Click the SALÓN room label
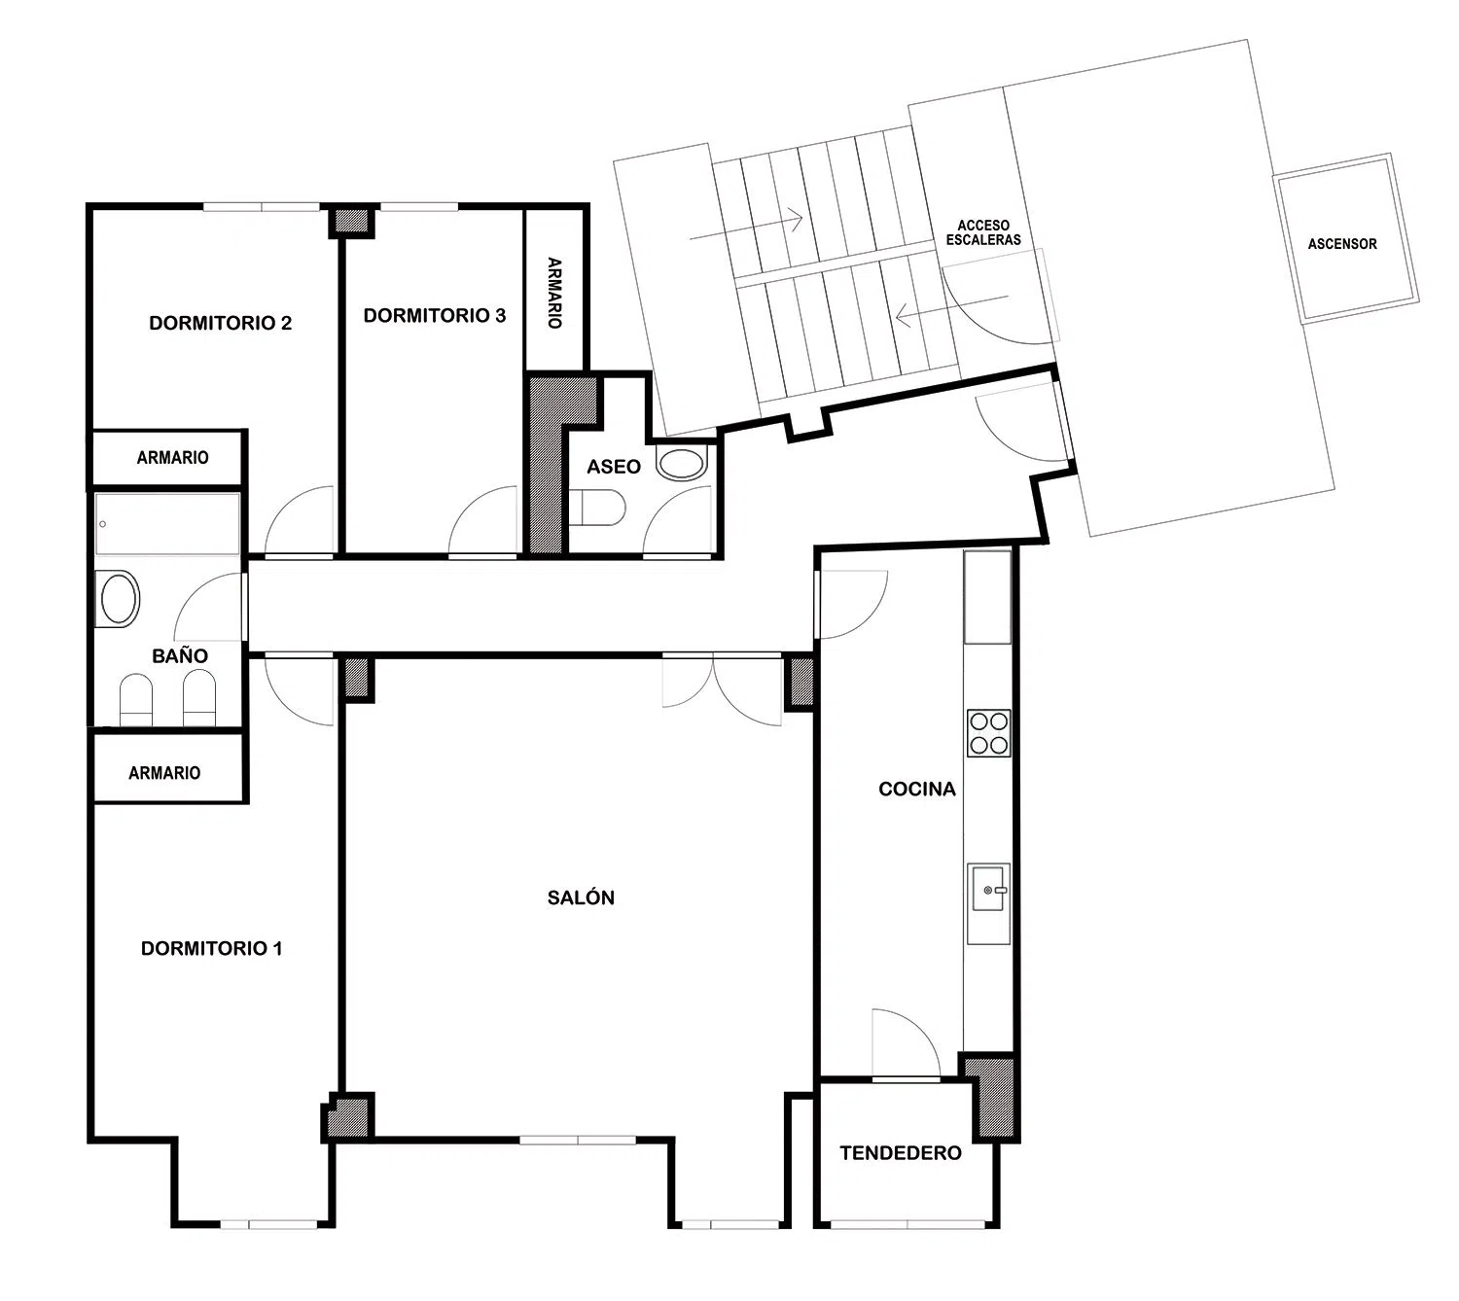pyautogui.click(x=581, y=897)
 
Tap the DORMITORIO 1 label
pyautogui.click(x=211, y=948)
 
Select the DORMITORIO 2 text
pyautogui.click(x=221, y=323)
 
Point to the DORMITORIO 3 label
pyautogui.click(x=434, y=315)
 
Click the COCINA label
pyautogui.click(x=916, y=790)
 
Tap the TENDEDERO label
pyautogui.click(x=900, y=1152)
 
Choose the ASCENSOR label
pyautogui.click(x=1341, y=244)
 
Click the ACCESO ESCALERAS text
pyautogui.click(x=983, y=232)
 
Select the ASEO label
pyautogui.click(x=614, y=467)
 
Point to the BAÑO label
pyautogui.click(x=180, y=655)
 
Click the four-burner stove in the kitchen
pyautogui.click(x=989, y=733)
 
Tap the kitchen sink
pyautogui.click(x=988, y=889)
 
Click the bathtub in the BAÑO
pyautogui.click(x=167, y=523)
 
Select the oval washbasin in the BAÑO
pyautogui.click(x=119, y=598)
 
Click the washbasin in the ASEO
pyautogui.click(x=681, y=464)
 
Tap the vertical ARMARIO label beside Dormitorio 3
pyautogui.click(x=553, y=293)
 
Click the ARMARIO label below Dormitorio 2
pyautogui.click(x=173, y=457)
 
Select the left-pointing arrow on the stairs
pyautogui.click(x=951, y=306)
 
